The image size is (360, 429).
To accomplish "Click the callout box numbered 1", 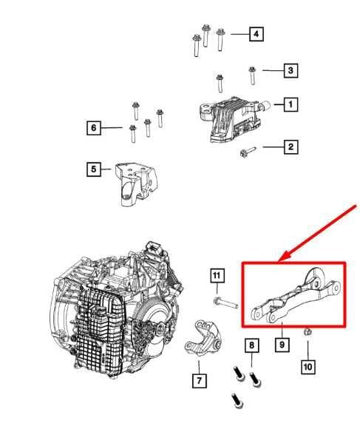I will (291, 105).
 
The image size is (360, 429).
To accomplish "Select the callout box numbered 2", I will (291, 147).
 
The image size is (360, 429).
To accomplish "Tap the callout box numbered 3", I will (291, 71).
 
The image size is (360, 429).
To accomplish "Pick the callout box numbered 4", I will (255, 34).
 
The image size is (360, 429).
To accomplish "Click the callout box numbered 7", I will (199, 382).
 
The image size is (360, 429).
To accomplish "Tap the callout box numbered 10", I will (308, 365).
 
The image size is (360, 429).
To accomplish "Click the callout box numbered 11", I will (216, 277).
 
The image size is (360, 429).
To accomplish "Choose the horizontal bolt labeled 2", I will (248, 153).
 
